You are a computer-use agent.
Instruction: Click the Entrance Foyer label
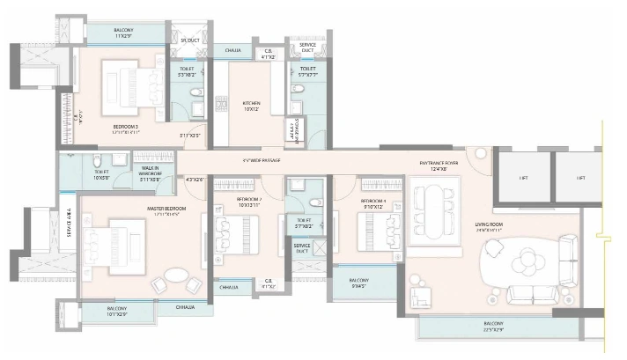[439, 161]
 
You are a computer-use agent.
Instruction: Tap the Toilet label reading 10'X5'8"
[101, 174]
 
